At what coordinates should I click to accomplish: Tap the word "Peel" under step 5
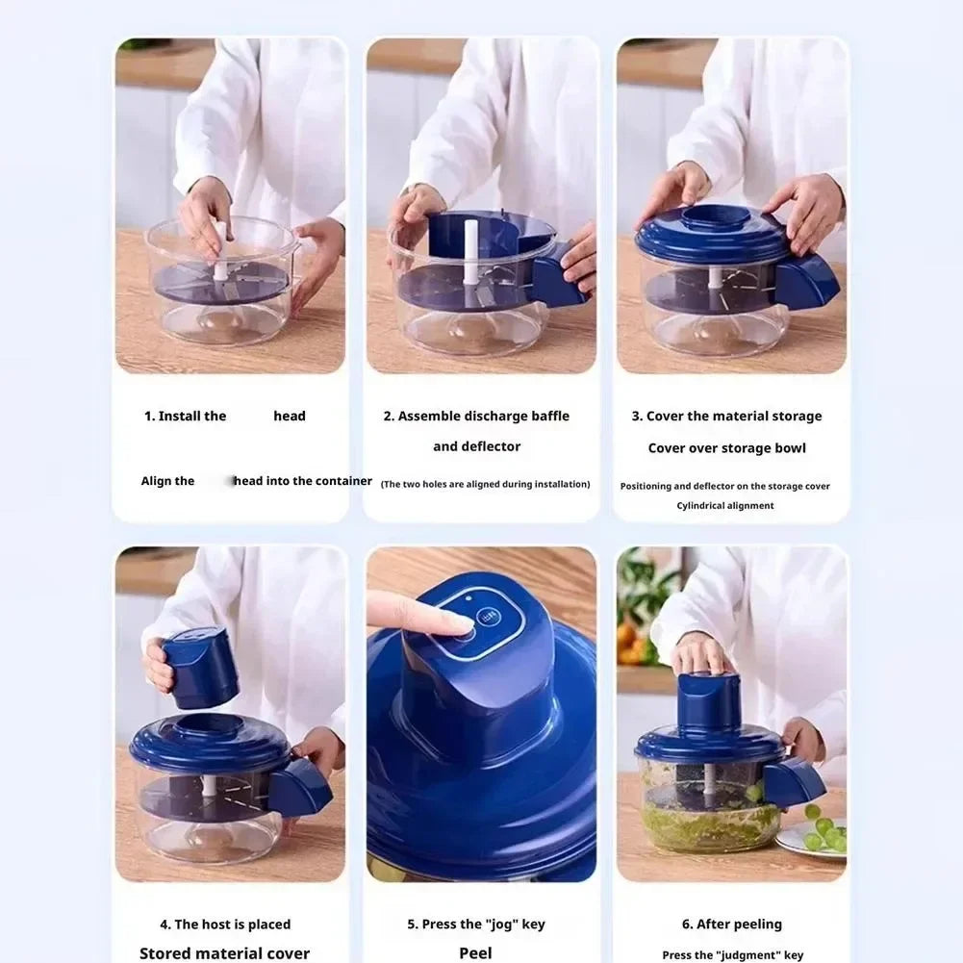475,953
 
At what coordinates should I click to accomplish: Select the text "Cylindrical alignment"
724,506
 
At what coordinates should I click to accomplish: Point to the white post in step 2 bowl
472,254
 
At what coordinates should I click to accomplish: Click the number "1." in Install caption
149,417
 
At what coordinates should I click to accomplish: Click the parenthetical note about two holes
485,485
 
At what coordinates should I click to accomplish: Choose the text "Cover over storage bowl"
726,448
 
